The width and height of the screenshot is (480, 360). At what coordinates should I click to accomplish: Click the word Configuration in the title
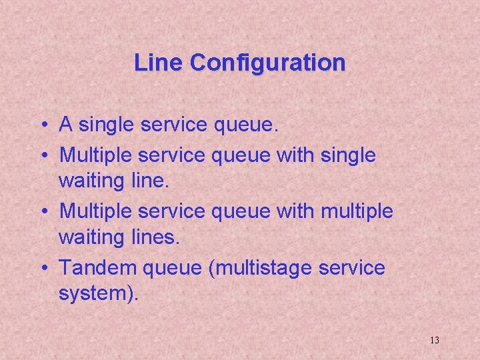(x=267, y=63)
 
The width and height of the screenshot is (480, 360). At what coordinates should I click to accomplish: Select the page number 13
(x=434, y=340)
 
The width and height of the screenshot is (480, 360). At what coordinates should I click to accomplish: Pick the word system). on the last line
(x=99, y=293)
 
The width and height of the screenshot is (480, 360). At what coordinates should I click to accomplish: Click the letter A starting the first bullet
(x=66, y=124)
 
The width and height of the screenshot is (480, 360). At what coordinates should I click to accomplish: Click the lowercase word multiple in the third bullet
(x=357, y=212)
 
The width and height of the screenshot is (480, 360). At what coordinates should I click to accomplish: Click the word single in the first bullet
(x=108, y=124)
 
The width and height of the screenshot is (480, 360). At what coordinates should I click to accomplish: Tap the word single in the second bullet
(x=349, y=156)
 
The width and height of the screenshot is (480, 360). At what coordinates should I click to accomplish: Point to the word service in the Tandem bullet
(x=351, y=268)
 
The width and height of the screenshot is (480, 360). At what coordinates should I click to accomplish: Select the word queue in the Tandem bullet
(x=171, y=268)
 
